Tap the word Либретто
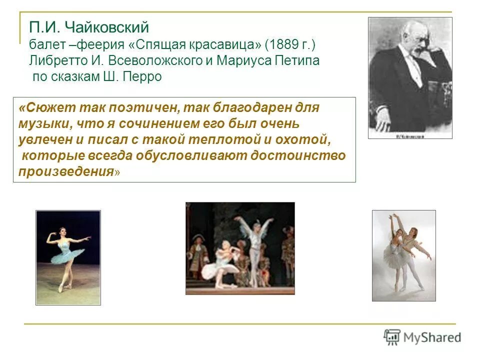click(x=53, y=61)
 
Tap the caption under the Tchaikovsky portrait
click(x=409, y=135)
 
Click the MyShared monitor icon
click(x=392, y=336)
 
